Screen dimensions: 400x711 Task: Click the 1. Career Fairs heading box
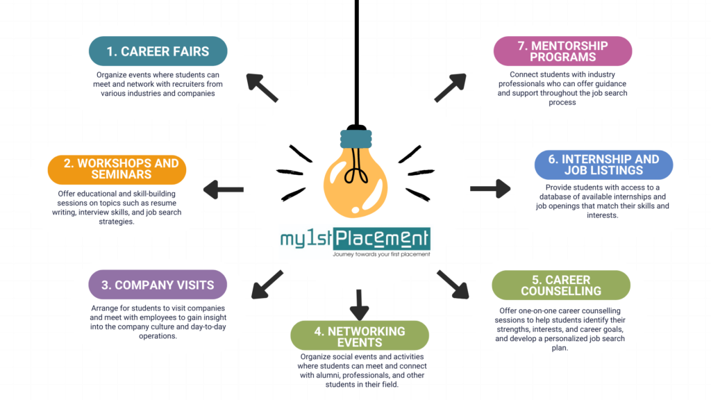point(159,51)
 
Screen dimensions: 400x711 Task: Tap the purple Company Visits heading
point(158,285)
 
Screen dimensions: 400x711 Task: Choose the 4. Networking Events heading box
point(359,336)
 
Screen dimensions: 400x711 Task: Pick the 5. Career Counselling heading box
point(561,285)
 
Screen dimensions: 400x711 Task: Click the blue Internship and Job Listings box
point(603,165)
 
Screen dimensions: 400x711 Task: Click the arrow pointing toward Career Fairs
point(262,88)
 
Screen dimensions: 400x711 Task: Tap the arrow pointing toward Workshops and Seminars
point(223,189)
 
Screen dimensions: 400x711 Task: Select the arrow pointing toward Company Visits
point(267,284)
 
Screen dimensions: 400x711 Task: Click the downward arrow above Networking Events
point(359,304)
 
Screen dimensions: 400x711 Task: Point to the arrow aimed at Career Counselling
point(452,284)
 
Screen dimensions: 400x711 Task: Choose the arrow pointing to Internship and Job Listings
point(490,188)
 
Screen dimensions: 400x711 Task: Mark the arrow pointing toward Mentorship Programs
point(451,88)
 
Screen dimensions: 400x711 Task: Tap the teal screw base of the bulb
point(355,137)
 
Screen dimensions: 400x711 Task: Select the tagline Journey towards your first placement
point(381,254)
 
